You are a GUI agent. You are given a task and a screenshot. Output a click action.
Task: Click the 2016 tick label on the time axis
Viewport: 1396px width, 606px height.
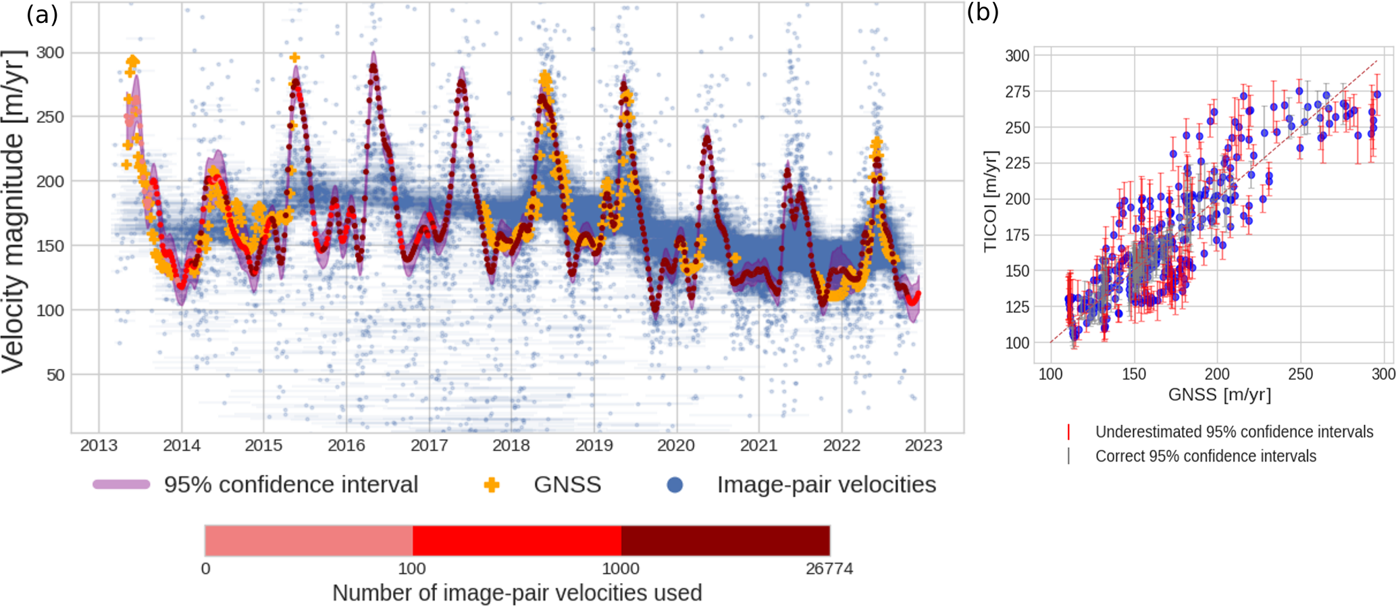coord(346,446)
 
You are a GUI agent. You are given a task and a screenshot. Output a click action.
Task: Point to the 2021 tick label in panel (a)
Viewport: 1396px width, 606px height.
coord(758,446)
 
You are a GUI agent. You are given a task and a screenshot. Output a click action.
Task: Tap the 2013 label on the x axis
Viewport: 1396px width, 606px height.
coord(99,446)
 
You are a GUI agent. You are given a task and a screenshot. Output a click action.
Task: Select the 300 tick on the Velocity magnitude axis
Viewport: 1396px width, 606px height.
coord(50,53)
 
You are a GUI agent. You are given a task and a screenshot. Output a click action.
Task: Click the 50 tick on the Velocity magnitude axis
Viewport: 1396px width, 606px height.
coord(55,375)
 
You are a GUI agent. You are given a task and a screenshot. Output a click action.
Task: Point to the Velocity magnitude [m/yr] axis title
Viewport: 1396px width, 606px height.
coord(14,211)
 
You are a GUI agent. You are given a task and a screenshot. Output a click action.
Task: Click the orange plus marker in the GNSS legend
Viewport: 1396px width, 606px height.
coord(492,485)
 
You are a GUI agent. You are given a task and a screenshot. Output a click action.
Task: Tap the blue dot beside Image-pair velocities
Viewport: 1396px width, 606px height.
coord(675,485)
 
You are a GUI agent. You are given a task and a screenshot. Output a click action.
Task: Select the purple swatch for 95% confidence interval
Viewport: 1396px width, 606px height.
coord(122,484)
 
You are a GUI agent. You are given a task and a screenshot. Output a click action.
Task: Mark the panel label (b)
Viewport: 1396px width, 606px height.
coord(983,12)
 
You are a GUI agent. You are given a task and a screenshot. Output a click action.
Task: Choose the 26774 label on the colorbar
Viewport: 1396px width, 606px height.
coord(829,569)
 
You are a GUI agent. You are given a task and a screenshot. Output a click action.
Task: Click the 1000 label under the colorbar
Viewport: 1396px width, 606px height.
coord(621,569)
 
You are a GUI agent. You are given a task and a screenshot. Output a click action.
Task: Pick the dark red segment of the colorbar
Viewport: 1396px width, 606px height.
coord(725,540)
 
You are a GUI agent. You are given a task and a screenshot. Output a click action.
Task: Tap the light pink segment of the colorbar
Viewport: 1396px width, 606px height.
coord(309,540)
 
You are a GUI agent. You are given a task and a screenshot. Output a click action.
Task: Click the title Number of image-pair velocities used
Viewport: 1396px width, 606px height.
coord(517,593)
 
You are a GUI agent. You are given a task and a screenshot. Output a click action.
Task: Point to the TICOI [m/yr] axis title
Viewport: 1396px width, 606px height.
coord(991,201)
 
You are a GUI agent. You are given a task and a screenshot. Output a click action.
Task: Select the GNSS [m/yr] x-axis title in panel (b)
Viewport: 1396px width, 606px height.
coord(1220,395)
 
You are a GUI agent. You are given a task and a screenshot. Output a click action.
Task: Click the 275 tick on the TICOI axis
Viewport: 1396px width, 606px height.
coord(1018,92)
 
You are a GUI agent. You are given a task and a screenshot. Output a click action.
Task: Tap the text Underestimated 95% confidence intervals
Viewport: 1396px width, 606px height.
coord(1234,432)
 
